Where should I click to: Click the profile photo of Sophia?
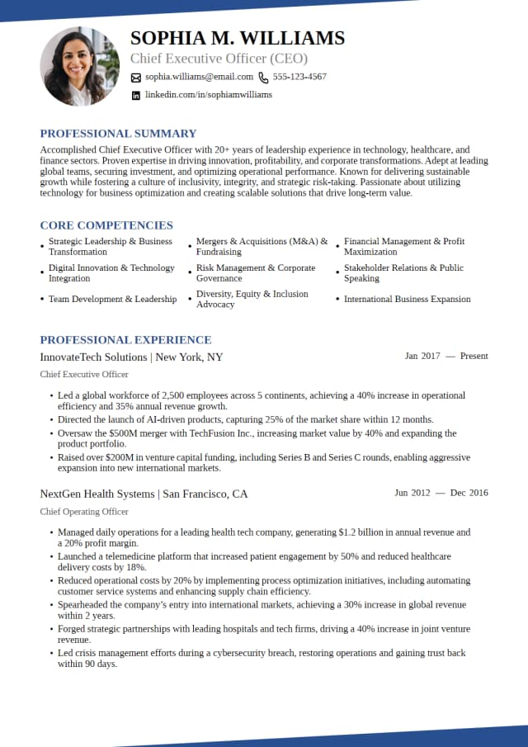coord(79,66)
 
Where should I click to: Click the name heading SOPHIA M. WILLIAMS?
coord(238,38)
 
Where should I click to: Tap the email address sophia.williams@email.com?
coord(199,77)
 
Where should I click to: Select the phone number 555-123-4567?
coord(299,77)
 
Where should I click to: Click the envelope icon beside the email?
coord(136,78)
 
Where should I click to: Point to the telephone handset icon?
coord(263,78)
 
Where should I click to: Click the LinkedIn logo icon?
coord(136,96)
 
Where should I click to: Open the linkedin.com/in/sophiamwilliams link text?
coord(209,95)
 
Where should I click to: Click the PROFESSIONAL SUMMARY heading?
coord(118,134)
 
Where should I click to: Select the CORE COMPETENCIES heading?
coord(106,225)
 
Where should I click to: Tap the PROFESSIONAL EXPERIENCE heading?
coord(125,340)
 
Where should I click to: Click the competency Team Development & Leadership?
coord(112,300)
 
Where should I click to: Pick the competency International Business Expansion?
coord(408,300)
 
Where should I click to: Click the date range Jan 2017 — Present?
coord(446,357)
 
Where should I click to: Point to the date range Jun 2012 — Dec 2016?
coord(441,494)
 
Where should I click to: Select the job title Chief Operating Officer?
coord(83,512)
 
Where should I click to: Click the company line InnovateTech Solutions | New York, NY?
coord(131,357)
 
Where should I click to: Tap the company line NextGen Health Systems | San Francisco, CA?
coord(144,494)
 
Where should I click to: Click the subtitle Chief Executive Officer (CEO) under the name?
coord(219,59)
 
